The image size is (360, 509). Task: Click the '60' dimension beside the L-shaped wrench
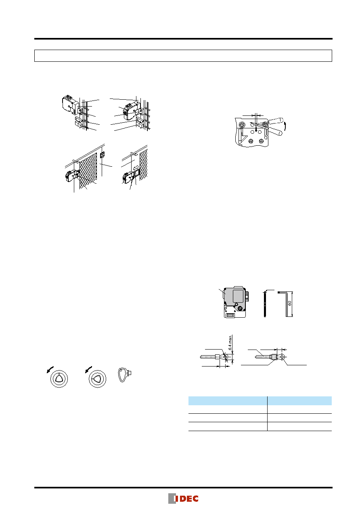289,304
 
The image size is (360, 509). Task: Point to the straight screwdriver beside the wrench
265,304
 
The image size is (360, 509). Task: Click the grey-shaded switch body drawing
235,302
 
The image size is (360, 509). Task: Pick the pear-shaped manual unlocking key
124,375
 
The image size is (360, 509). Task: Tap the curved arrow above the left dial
50,369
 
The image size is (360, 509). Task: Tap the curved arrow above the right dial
88,369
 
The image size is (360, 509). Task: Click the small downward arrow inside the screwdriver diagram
256,129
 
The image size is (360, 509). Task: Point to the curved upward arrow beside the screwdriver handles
285,126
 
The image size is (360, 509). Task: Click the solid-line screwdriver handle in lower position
275,131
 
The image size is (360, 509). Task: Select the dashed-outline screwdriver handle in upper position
276,121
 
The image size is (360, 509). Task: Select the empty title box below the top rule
183,56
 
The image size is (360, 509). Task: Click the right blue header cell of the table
299,400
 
